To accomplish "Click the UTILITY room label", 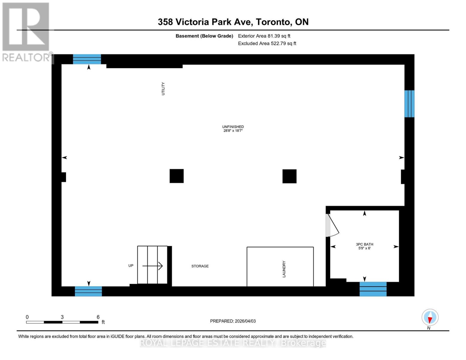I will [163, 89].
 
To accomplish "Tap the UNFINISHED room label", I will [233, 127].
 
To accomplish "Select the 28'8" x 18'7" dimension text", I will [233, 131].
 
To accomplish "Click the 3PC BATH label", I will [365, 244].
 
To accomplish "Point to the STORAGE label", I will [200, 266].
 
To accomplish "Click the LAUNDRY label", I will [284, 269].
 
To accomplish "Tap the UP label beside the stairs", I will [131, 266].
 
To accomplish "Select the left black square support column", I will [176, 176].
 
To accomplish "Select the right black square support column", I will [289, 176].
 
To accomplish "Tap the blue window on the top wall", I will [87, 59].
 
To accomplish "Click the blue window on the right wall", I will [409, 104].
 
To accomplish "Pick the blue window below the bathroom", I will [373, 289].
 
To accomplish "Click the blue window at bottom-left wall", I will [88, 291].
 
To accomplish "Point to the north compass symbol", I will [430, 317].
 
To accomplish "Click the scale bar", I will [62, 322].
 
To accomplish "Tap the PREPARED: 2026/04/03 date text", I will [233, 321].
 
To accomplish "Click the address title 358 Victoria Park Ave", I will [233, 22].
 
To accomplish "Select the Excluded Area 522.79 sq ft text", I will [267, 43].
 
